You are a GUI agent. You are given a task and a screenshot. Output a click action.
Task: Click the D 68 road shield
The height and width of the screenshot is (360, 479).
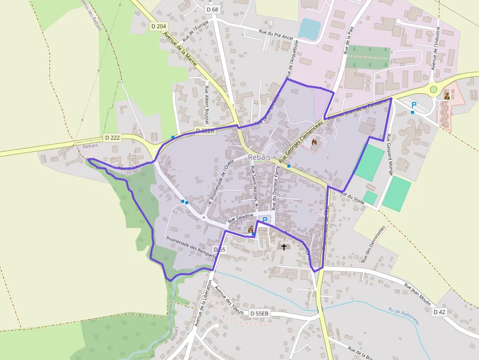point(212,9)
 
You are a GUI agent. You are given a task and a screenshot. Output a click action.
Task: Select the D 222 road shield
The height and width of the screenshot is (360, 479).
point(112,138)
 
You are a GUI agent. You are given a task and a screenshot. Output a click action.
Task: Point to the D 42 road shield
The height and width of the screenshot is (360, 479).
point(439,312)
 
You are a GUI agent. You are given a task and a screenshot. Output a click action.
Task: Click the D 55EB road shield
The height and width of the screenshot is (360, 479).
point(259,313)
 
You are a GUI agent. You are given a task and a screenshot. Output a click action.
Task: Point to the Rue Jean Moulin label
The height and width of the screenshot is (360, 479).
point(417,293)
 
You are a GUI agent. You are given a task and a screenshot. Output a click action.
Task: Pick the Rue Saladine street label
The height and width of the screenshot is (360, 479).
point(240,216)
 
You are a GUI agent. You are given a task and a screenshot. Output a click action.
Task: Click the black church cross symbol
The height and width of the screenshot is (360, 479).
point(284,247)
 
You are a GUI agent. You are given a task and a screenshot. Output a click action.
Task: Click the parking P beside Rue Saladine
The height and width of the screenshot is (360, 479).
point(265,220)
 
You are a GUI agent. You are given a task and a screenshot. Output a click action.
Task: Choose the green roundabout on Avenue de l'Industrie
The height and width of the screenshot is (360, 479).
point(433,89)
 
